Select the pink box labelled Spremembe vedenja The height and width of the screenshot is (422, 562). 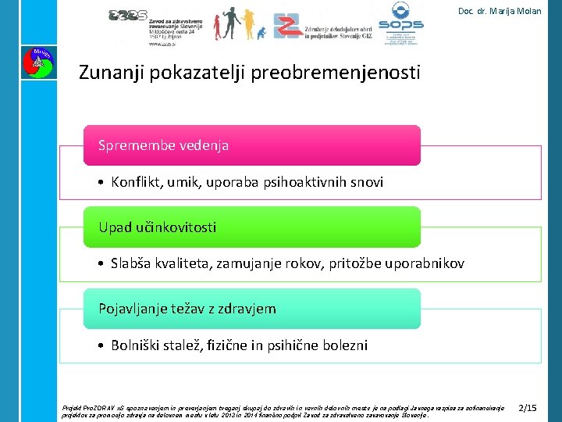[x=251, y=145]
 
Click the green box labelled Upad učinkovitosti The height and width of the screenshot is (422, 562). [x=251, y=227]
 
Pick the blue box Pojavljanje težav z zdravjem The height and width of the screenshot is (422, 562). [x=251, y=309]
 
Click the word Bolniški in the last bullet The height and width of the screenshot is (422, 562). [x=136, y=345]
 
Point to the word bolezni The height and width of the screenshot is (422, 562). [x=341, y=345]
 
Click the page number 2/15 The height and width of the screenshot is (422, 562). [x=528, y=407]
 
